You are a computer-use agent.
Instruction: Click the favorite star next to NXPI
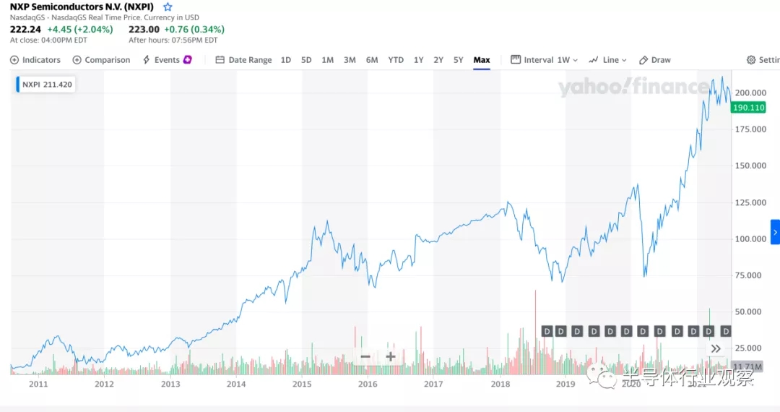[168, 7]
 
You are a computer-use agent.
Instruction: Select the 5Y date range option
[458, 60]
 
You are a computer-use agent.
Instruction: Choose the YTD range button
[396, 60]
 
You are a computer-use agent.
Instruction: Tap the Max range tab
[482, 60]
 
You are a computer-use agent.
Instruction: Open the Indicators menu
[35, 60]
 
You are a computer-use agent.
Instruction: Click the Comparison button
[102, 60]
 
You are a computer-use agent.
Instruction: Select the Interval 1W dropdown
[545, 60]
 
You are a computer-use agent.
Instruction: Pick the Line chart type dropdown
[607, 60]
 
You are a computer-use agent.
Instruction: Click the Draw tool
[655, 60]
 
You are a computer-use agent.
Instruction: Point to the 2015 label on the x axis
[302, 385]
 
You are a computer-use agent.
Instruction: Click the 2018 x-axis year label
[500, 385]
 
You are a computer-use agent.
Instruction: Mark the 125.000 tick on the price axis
[750, 202]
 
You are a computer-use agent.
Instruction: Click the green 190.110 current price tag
[748, 108]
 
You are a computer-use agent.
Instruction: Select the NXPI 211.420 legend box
[46, 84]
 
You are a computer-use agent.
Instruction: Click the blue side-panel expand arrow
[775, 232]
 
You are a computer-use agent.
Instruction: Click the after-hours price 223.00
[144, 30]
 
